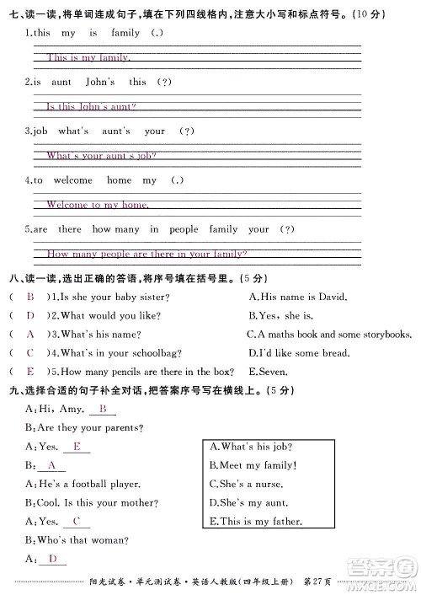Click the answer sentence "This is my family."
click(x=88, y=58)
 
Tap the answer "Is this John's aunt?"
click(x=91, y=107)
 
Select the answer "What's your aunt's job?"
click(x=101, y=156)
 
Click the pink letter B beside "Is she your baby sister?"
click(x=30, y=297)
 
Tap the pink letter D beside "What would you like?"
click(x=30, y=315)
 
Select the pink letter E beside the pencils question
click(x=30, y=371)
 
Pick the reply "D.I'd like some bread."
click(x=307, y=352)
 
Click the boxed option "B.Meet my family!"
click(x=253, y=465)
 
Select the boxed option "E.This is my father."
click(x=255, y=522)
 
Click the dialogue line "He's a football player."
click(x=89, y=484)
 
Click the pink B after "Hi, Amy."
click(x=103, y=410)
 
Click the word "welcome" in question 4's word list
click(x=72, y=180)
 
